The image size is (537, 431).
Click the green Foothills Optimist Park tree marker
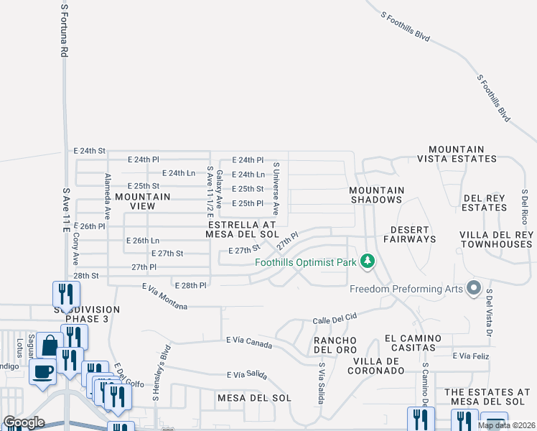click(x=368, y=261)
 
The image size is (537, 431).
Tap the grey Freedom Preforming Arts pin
click(x=473, y=289)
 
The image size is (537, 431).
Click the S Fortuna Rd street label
click(x=64, y=30)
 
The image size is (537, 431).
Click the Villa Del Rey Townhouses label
click(x=497, y=239)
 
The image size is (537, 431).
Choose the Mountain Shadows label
click(x=376, y=195)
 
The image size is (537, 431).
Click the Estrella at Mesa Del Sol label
click(x=241, y=229)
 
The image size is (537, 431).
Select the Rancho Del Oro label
click(x=330, y=344)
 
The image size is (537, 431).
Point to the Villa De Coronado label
click(x=376, y=366)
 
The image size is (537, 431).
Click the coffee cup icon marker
click(x=42, y=372)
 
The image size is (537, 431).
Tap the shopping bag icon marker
click(x=50, y=346)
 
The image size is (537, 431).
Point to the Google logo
click(x=24, y=422)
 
